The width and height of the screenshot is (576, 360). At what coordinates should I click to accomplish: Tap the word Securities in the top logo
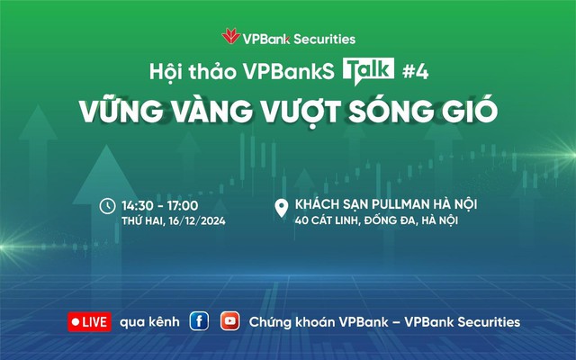coord(323,39)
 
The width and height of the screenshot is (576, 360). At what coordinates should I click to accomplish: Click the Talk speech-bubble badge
coord(365,71)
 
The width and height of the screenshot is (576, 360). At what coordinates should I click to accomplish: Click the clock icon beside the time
coord(107,205)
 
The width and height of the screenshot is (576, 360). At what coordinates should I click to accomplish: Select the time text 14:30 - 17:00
coord(160,205)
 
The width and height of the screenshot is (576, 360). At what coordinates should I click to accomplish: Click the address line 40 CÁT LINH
coord(333,221)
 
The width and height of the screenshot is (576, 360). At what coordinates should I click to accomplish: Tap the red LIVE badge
coord(89,321)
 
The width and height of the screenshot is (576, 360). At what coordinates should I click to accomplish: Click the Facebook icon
coord(199,321)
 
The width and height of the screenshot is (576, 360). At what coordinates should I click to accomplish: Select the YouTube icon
coord(230,321)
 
